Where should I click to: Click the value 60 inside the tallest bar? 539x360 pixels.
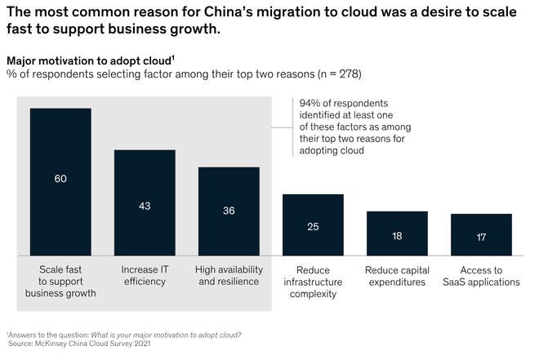tap(60, 178)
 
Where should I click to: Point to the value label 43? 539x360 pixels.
tap(145, 206)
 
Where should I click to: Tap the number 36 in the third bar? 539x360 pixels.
tap(229, 211)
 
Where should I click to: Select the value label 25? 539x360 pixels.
tap(313, 226)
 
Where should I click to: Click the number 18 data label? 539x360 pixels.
tap(397, 235)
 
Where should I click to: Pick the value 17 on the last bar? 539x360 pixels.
tap(481, 238)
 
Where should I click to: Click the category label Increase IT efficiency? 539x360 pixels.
tap(145, 276)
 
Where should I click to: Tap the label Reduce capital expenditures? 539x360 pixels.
tap(397, 276)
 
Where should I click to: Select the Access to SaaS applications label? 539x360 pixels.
tap(481, 276)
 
